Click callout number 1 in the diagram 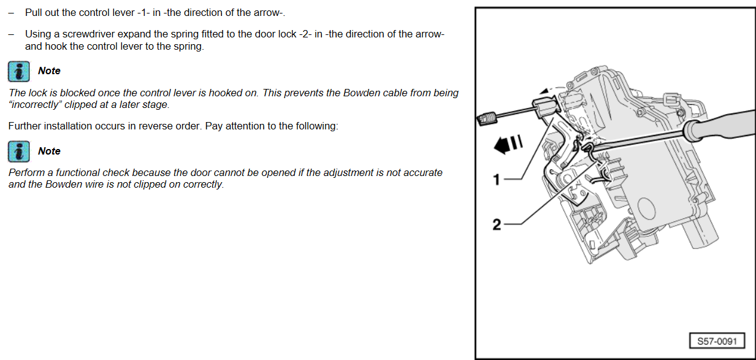click(x=497, y=179)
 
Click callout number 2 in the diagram click(x=497, y=224)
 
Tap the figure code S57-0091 click(x=717, y=341)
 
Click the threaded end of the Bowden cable click(x=486, y=119)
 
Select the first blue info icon click(x=18, y=71)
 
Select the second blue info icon click(x=18, y=151)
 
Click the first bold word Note click(x=49, y=71)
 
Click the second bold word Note click(x=49, y=151)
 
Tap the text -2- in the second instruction click(x=305, y=34)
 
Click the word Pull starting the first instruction click(x=33, y=13)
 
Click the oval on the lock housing click(x=646, y=209)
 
